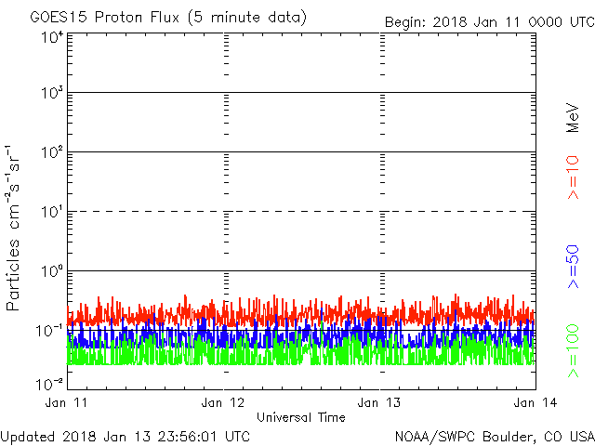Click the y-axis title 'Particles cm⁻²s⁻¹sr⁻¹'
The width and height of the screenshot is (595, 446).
coord(14,227)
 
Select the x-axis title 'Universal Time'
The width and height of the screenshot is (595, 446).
coord(301,417)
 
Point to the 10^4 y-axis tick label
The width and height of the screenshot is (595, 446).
coord(51,37)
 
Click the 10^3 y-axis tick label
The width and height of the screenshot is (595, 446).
coord(51,94)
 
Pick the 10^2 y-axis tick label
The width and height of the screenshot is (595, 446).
coord(51,152)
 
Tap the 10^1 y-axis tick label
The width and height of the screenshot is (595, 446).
coord(51,212)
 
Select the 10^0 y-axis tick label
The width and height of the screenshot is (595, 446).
coord(51,271)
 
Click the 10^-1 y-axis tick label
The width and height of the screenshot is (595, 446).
coord(49,330)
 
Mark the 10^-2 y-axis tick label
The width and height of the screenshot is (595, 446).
coord(49,383)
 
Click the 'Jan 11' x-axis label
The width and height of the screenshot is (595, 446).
coord(67,402)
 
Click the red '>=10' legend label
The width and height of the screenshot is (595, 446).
coord(574,177)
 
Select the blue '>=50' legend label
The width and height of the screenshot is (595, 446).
coord(574,267)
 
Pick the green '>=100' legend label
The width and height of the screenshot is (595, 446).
coord(574,351)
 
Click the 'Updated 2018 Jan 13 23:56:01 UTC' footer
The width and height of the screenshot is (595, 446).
coord(126,435)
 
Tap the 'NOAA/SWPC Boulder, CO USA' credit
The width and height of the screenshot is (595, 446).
coord(494,435)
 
